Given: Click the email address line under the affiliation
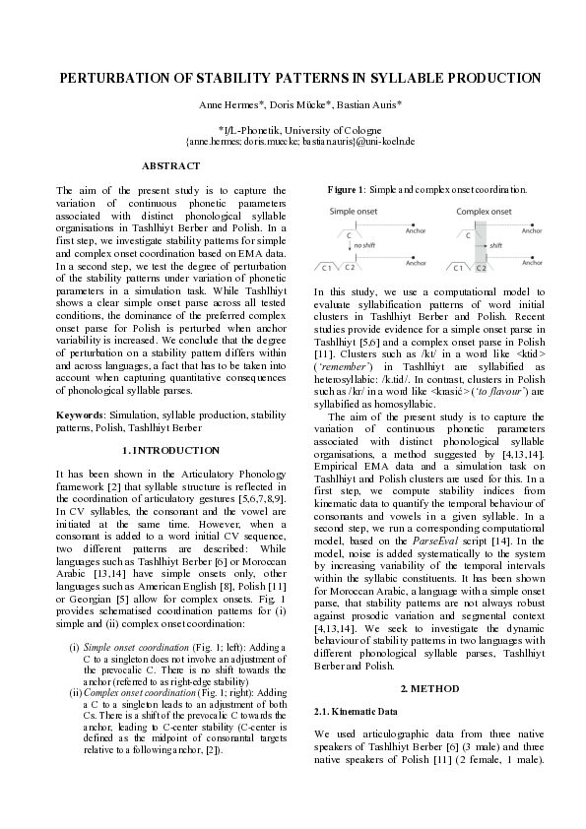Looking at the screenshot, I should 293,142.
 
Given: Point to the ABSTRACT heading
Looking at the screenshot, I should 170,165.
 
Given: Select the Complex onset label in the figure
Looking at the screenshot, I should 484,212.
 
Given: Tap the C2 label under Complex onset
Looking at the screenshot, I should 481,267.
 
